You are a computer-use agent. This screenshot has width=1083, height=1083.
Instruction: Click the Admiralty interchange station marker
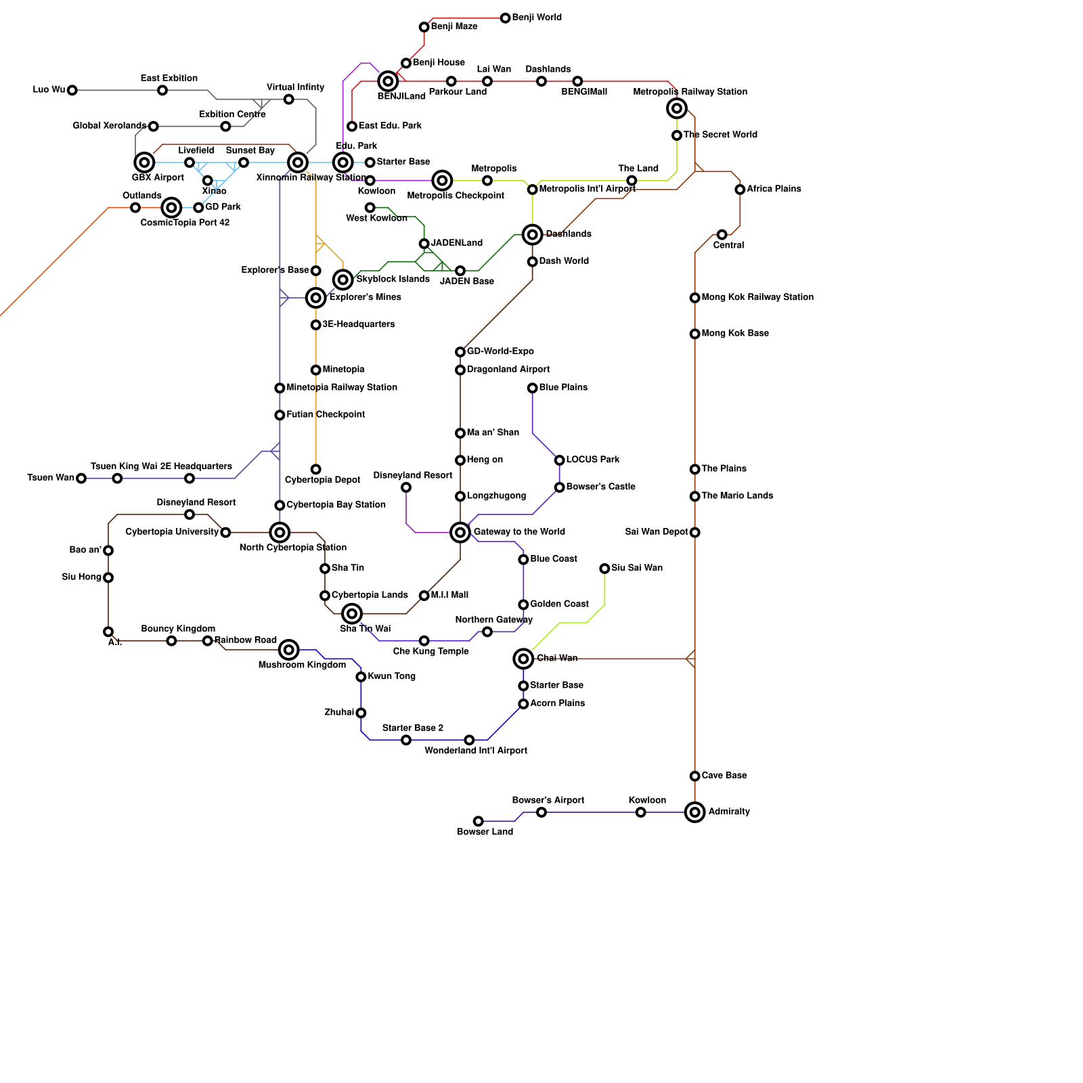694,812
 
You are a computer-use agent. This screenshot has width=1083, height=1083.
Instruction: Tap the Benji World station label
537,18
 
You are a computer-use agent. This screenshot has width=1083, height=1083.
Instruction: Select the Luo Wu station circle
72,90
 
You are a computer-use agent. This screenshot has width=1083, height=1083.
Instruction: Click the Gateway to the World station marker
460,533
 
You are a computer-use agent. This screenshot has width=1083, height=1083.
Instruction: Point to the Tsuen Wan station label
51,478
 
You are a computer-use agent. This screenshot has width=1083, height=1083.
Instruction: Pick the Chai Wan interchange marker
523,659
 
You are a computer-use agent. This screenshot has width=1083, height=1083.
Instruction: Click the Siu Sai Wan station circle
604,569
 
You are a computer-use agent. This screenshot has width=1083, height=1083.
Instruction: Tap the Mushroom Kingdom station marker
289,650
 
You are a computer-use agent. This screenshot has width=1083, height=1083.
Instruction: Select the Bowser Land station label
485,832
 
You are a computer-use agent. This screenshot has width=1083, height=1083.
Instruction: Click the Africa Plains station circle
740,190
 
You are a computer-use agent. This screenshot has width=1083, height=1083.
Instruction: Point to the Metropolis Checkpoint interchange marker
442,181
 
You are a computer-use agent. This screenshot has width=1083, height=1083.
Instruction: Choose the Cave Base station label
724,776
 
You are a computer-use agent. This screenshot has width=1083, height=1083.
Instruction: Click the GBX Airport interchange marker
144,162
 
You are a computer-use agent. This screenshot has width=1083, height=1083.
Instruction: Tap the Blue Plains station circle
533,388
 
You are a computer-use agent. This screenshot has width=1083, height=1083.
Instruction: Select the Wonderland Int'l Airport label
476,751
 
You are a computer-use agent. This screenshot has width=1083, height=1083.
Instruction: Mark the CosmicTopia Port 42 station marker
172,207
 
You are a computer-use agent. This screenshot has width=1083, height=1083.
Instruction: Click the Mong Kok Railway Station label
757,297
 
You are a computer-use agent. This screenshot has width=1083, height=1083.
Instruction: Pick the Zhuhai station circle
361,713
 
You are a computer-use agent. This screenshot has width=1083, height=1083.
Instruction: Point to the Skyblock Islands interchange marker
343,280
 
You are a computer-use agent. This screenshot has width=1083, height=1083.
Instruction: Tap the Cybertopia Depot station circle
316,469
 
